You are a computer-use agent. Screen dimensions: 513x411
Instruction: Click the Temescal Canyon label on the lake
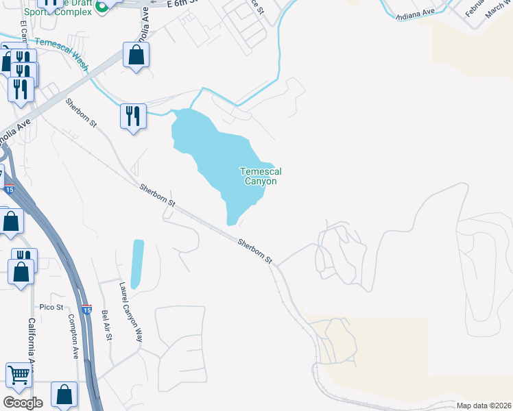tap(260, 176)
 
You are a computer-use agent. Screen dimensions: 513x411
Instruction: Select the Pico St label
tap(51, 307)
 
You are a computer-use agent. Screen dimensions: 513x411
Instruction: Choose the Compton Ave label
tap(73, 336)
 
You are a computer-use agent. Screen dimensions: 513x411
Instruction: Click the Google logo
tap(23, 402)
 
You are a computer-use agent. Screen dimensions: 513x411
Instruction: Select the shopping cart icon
tap(19, 375)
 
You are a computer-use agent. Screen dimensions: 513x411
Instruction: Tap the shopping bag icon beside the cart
tap(64, 395)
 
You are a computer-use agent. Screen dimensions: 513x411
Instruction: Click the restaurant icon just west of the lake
tap(133, 115)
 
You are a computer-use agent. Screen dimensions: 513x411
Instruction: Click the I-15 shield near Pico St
tap(86, 310)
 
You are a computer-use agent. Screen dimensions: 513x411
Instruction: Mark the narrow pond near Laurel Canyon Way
tap(138, 263)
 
